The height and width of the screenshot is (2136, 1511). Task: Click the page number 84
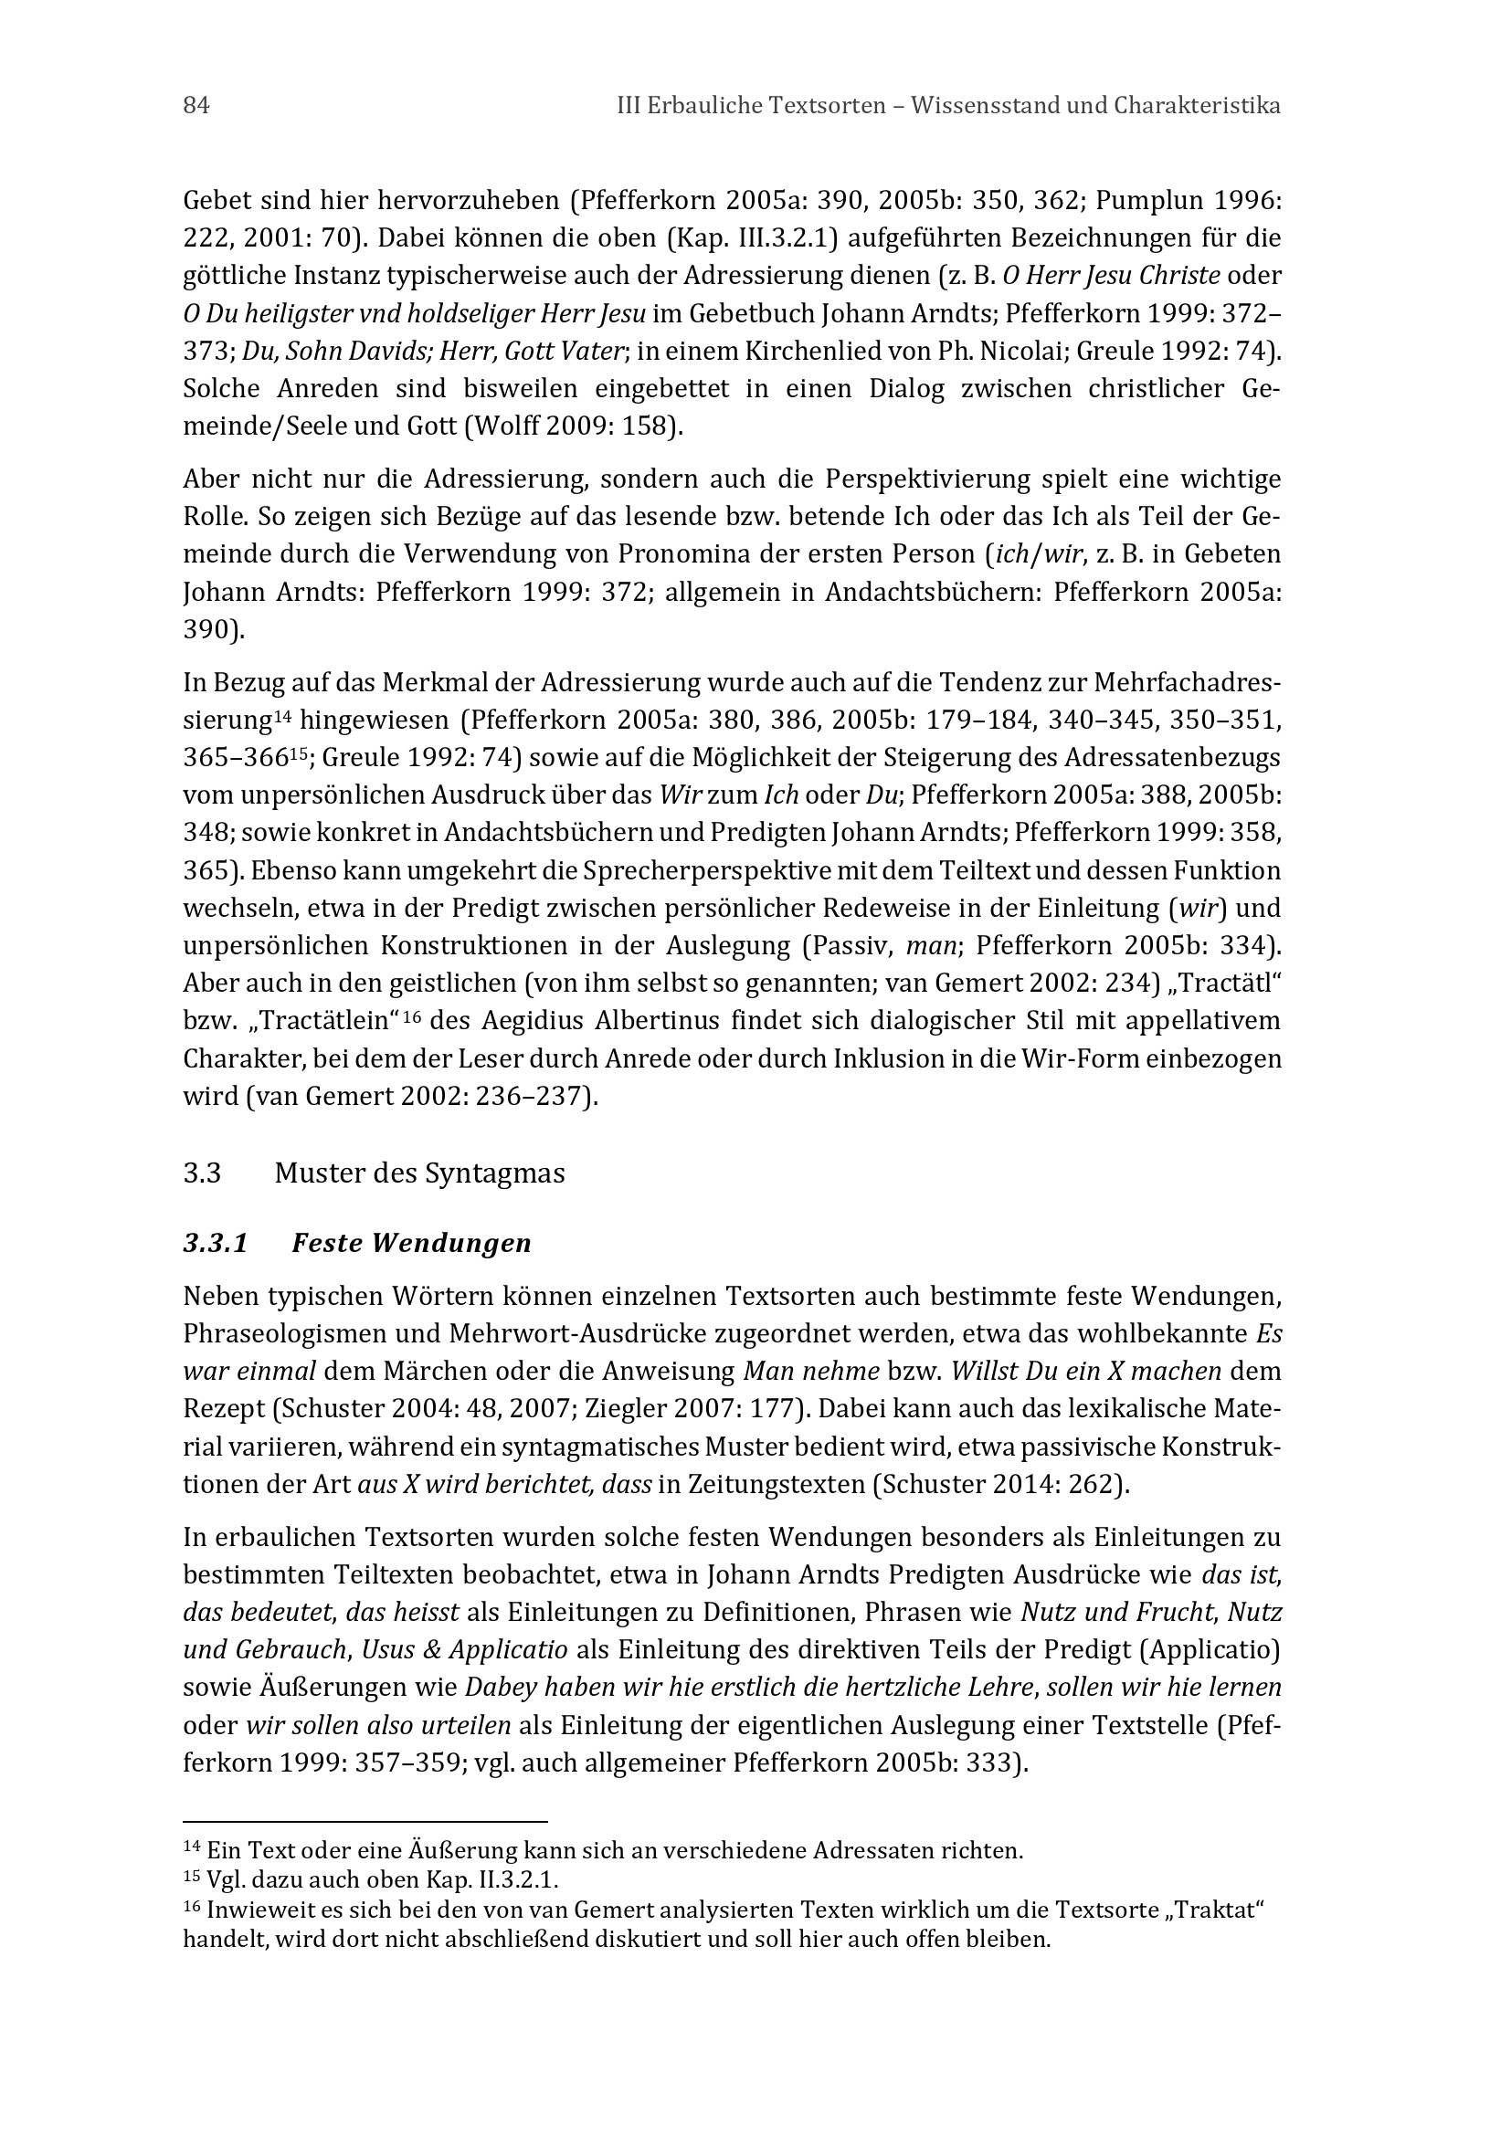(x=196, y=106)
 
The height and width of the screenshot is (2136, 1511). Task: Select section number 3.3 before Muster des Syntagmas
(x=202, y=1173)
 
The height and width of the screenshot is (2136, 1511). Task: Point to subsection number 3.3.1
(x=216, y=1244)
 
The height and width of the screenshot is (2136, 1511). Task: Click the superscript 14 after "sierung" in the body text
(x=284, y=716)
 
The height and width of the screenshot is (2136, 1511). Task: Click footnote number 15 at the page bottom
(x=192, y=1878)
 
